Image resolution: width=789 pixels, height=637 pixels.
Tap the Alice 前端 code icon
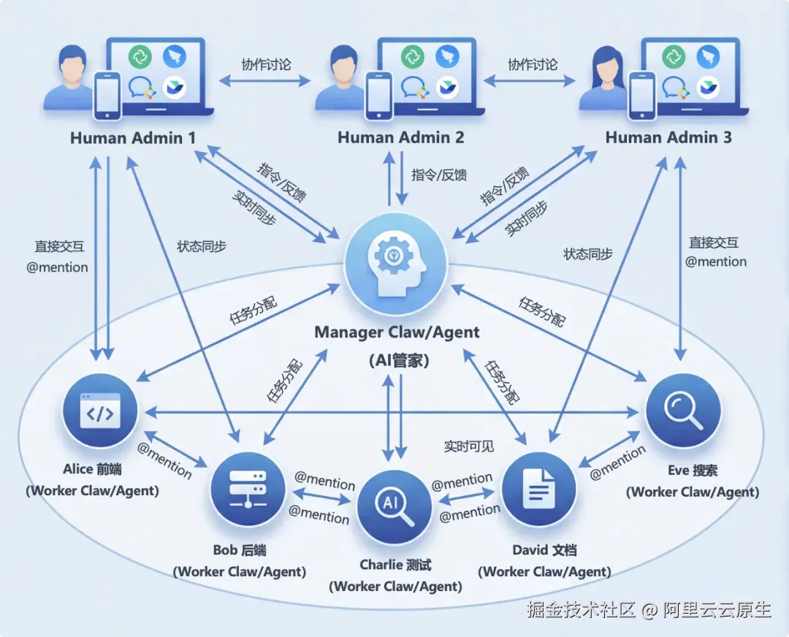[100, 412]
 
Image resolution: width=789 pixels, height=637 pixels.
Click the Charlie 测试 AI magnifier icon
[394, 506]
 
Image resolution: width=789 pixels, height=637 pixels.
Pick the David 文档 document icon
[541, 488]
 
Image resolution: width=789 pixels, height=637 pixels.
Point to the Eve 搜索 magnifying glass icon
[683, 411]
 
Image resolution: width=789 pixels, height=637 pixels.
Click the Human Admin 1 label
[126, 137]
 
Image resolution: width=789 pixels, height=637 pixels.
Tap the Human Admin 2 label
[400, 137]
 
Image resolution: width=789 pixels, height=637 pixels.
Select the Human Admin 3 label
[668, 137]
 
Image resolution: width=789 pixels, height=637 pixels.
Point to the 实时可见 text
[469, 446]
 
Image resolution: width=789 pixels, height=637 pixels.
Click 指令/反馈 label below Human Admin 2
[439, 175]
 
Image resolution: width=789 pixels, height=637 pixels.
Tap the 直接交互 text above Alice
[59, 247]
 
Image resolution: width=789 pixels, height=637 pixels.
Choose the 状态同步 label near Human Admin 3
[588, 254]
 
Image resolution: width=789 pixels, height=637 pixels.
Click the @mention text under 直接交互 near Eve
[715, 262]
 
